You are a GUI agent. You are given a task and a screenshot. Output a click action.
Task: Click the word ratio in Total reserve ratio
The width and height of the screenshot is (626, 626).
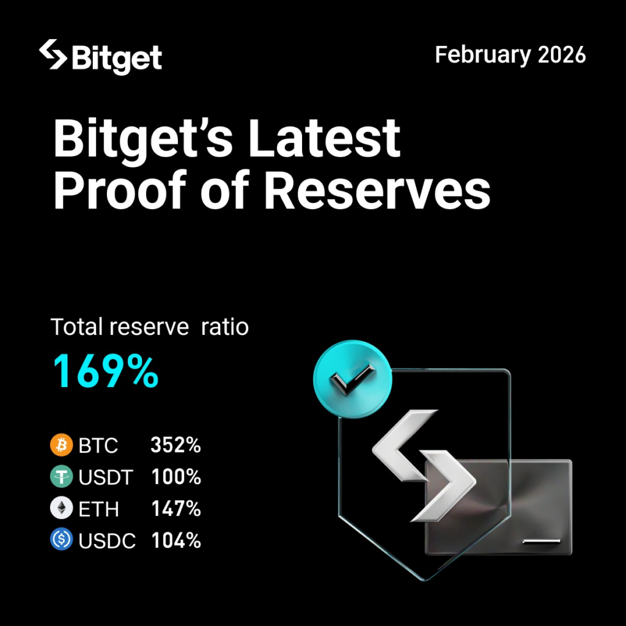[226, 327]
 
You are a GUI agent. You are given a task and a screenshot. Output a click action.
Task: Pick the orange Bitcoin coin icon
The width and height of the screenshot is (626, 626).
[61, 445]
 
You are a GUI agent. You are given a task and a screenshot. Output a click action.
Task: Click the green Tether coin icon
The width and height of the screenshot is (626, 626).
[61, 477]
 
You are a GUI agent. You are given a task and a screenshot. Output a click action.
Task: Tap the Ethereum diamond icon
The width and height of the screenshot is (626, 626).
[61, 509]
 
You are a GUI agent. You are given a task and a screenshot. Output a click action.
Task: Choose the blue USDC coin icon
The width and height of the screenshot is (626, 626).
[61, 540]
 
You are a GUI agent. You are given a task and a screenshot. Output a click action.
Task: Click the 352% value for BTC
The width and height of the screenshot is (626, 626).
[176, 446]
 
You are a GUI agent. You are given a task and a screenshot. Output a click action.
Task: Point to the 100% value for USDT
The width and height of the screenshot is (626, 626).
[176, 477]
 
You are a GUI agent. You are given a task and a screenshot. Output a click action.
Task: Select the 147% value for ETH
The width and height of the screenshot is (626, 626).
[176, 509]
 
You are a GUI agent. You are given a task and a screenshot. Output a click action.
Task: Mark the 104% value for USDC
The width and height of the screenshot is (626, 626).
[176, 541]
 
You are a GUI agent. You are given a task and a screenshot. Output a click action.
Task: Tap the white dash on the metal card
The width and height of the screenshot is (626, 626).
[542, 541]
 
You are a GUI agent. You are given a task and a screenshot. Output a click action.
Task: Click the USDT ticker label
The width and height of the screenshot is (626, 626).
[105, 477]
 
